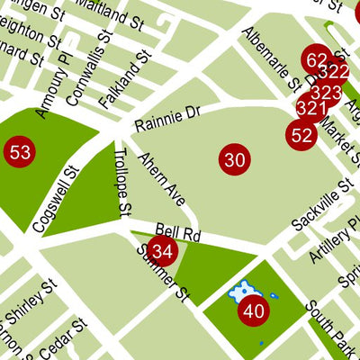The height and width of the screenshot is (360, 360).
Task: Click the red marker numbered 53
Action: pyautogui.click(x=20, y=151)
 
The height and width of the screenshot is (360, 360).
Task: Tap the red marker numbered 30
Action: pyautogui.click(x=234, y=161)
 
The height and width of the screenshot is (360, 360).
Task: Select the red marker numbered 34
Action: pyautogui.click(x=162, y=250)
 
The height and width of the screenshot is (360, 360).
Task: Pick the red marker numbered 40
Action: pyautogui.click(x=254, y=312)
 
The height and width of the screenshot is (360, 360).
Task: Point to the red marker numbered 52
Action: pyautogui.click(x=301, y=136)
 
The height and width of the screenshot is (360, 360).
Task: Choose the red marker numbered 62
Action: pyautogui.click(x=317, y=61)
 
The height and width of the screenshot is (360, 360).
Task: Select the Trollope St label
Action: pyautogui.click(x=122, y=184)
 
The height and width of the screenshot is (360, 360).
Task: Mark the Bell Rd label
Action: pyautogui.click(x=175, y=231)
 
